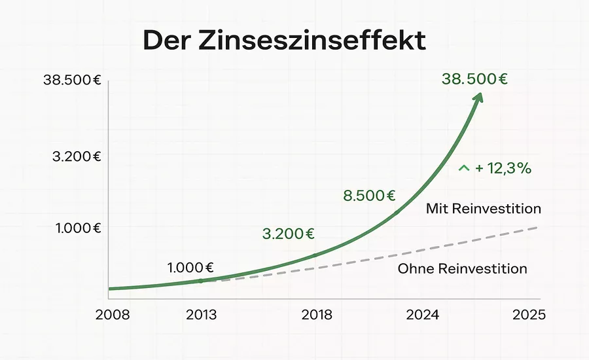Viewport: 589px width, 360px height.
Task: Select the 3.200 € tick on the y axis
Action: coord(77,156)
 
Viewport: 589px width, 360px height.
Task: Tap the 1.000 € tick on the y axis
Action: coord(78,228)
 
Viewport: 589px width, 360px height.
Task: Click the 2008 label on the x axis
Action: coord(113,315)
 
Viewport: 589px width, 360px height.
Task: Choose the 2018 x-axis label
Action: coord(317,315)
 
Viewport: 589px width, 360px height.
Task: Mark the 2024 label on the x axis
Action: coord(422,315)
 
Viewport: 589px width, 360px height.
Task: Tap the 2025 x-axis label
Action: coord(529,315)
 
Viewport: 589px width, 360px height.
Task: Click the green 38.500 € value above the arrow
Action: coord(475,79)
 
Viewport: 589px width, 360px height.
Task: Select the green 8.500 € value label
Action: coord(370,195)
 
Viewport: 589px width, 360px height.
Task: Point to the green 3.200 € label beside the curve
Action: coord(289,233)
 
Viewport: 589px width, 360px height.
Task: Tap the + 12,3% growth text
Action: coord(503,168)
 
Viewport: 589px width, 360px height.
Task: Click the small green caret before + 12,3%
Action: coord(464,168)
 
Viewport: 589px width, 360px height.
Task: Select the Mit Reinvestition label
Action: coord(484,209)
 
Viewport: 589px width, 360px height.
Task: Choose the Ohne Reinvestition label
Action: coord(463,268)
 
